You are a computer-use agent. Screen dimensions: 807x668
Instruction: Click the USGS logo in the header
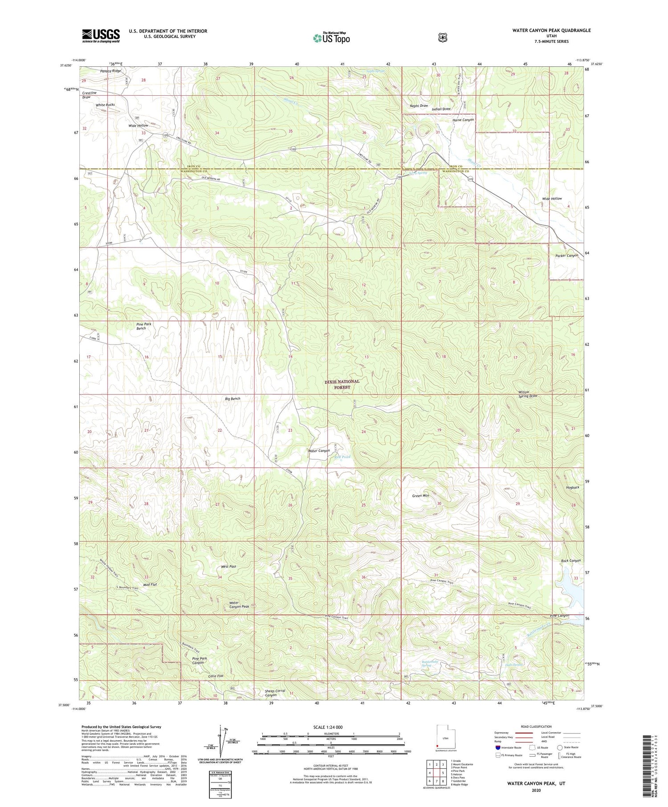(x=101, y=36)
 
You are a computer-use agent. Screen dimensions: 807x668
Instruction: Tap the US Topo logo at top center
(x=332, y=38)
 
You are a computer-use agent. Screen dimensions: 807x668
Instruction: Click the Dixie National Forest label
(x=342, y=385)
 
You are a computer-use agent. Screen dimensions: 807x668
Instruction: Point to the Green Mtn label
(x=420, y=495)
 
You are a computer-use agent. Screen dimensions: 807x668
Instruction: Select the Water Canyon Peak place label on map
(x=239, y=604)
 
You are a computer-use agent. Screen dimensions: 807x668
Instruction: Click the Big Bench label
(x=233, y=399)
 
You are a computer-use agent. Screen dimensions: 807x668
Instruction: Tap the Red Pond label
(x=342, y=457)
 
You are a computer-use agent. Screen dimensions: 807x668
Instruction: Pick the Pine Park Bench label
(x=144, y=326)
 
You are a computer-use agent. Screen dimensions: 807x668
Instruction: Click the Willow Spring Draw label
(x=528, y=393)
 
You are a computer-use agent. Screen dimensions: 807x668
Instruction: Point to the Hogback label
(x=573, y=487)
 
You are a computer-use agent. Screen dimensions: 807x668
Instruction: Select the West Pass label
(x=228, y=567)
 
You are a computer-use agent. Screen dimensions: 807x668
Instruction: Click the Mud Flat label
(x=150, y=584)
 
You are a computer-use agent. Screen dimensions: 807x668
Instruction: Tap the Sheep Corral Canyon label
(x=275, y=693)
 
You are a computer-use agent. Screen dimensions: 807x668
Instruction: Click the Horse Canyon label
(x=463, y=120)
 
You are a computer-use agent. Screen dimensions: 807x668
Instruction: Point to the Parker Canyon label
(x=567, y=255)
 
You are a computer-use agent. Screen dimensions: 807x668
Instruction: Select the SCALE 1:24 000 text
(x=328, y=727)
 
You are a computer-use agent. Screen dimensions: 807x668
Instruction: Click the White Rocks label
(x=105, y=105)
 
